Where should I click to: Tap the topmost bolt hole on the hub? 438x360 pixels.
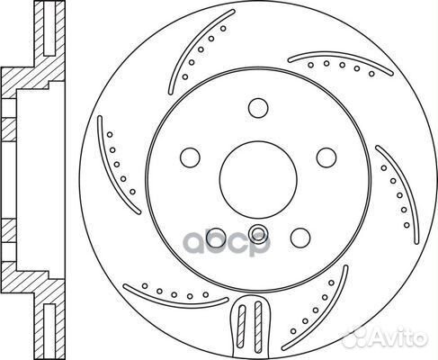point(258,108)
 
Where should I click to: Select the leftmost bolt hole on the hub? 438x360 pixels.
point(190,157)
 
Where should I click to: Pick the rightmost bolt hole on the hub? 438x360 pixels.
point(326,157)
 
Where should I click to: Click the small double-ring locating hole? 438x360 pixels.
point(258,232)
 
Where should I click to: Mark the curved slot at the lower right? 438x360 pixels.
point(326,318)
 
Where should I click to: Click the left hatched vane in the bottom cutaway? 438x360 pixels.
point(241,326)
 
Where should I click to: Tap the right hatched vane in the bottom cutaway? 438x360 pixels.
point(258,325)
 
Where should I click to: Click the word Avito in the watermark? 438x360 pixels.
point(398,338)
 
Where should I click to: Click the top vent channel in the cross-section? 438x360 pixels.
point(49,29)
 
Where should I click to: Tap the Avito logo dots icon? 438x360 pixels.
point(357,337)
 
